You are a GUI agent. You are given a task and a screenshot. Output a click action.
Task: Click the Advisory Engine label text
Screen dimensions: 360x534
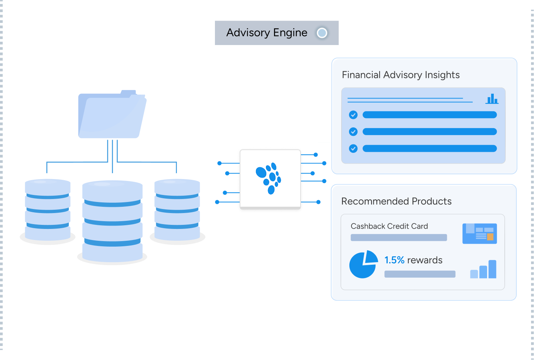click(267, 33)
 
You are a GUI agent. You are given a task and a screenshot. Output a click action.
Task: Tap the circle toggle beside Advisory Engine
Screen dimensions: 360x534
click(322, 33)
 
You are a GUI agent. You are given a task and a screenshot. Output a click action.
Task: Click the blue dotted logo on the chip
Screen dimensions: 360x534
click(269, 178)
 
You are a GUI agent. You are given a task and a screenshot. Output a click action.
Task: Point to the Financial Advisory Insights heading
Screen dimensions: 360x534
click(401, 75)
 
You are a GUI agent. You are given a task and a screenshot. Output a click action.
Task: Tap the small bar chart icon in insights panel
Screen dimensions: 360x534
click(492, 99)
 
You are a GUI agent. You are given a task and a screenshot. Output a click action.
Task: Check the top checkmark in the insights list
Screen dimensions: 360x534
click(353, 115)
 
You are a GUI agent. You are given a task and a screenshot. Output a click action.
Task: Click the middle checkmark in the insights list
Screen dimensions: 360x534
click(353, 131)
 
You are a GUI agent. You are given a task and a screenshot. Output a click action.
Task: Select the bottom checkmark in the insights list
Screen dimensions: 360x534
click(353, 148)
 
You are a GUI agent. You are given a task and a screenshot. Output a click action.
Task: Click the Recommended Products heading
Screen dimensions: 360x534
click(396, 201)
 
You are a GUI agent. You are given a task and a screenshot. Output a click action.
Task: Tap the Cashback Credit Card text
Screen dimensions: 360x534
click(389, 226)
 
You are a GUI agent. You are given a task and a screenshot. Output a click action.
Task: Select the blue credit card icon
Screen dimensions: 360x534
click(479, 233)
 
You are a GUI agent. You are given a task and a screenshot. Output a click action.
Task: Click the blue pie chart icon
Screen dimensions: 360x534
click(363, 264)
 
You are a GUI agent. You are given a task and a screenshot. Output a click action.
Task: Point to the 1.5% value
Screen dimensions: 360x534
click(394, 260)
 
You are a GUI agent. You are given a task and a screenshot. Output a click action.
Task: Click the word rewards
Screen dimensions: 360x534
click(425, 260)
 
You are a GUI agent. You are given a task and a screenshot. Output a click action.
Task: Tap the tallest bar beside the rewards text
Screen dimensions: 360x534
click(492, 269)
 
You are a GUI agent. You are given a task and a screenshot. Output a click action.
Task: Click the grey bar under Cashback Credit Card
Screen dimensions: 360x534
click(399, 237)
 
